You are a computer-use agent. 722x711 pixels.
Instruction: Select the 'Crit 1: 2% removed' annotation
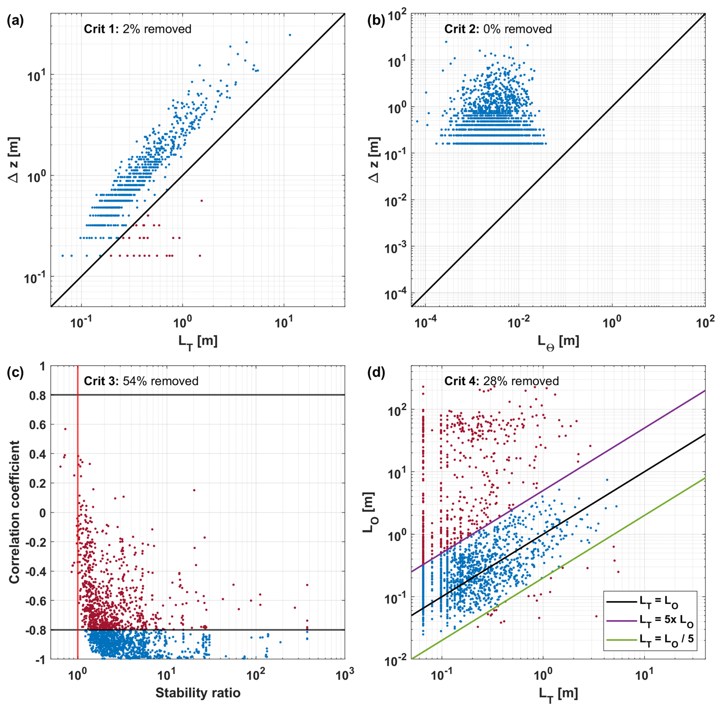tap(137, 29)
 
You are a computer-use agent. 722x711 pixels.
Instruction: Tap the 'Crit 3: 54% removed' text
tap(141, 381)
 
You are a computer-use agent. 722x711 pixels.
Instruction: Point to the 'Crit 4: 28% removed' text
tap(501, 381)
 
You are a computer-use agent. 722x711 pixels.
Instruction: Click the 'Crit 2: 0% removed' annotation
tap(498, 29)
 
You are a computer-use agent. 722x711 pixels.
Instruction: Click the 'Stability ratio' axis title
tap(198, 693)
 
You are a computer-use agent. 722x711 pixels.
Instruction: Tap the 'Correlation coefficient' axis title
tap(15, 512)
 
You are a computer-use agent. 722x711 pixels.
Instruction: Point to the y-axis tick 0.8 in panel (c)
tap(37, 395)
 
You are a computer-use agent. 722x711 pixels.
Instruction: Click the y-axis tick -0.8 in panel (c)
tap(35, 630)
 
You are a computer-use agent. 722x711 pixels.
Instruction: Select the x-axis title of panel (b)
tap(558, 341)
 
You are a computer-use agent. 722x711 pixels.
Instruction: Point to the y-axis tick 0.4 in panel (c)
tap(37, 454)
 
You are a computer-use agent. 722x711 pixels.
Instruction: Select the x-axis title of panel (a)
tap(198, 341)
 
